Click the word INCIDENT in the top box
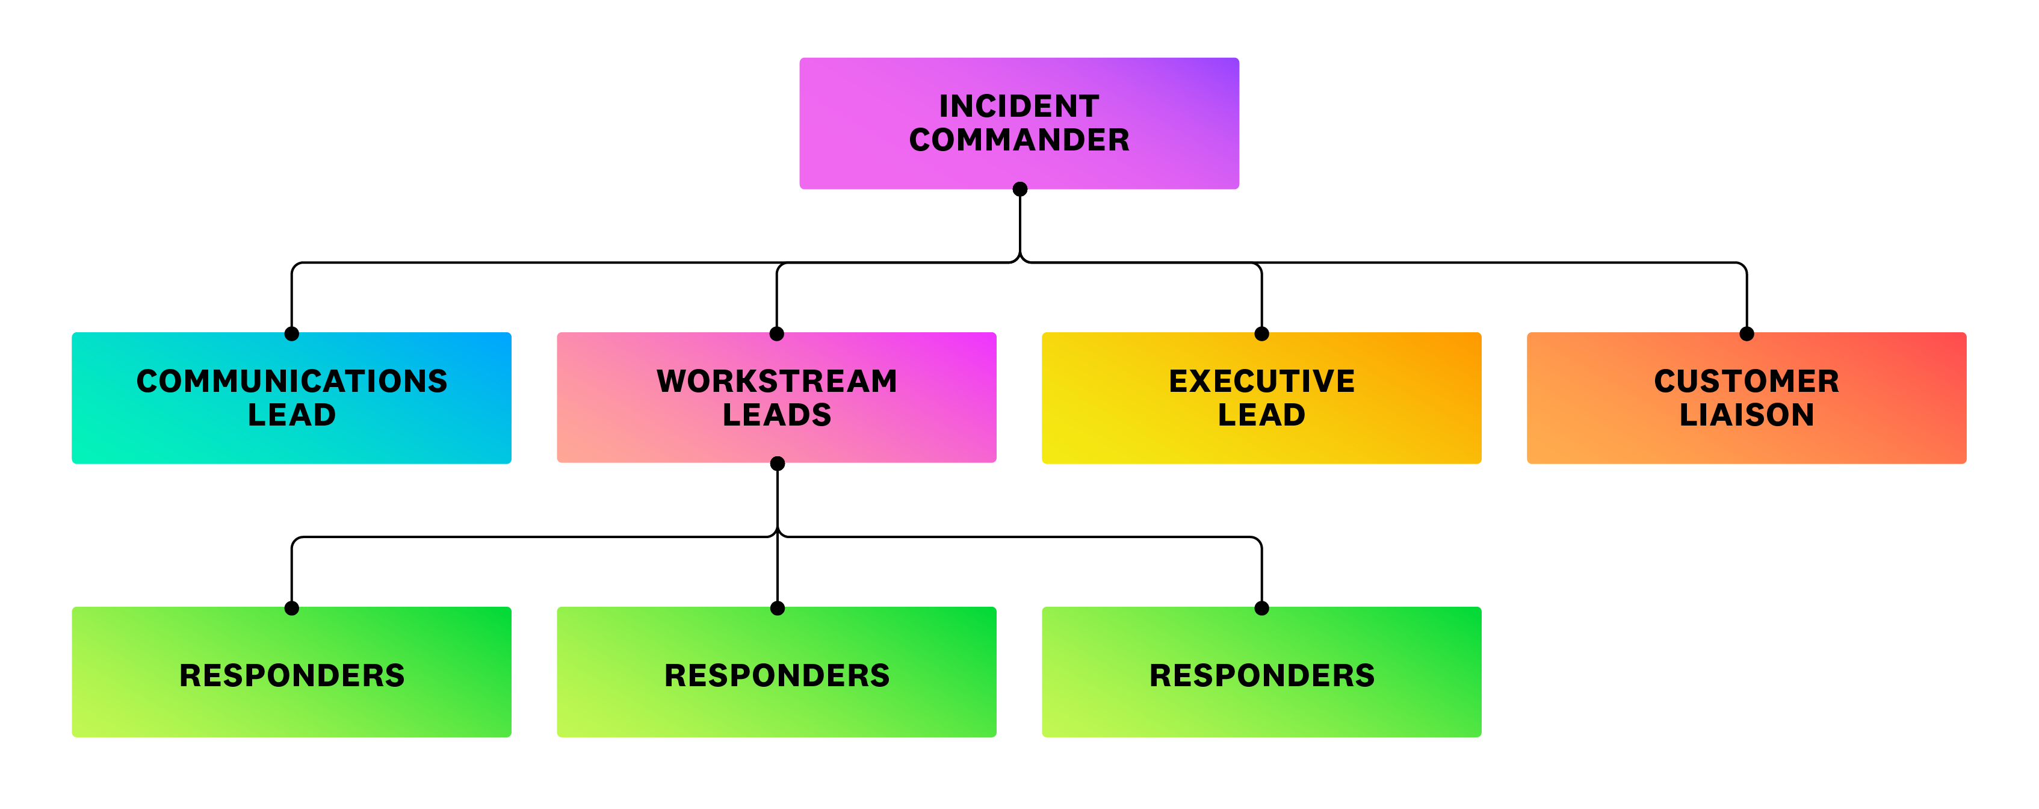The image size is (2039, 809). pyautogui.click(x=1019, y=106)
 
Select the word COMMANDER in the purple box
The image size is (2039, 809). pyautogui.click(x=1019, y=140)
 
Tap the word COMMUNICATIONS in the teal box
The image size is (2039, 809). pyautogui.click(x=291, y=381)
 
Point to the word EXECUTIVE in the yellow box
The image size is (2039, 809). pyautogui.click(x=1261, y=381)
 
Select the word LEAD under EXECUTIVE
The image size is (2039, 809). pyautogui.click(x=1261, y=415)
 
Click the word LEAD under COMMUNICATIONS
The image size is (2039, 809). pyautogui.click(x=291, y=415)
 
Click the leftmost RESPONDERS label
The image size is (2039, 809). pyautogui.click(x=291, y=675)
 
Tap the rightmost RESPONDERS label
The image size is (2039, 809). pyautogui.click(x=1261, y=675)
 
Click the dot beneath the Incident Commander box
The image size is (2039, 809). pyautogui.click(x=1019, y=189)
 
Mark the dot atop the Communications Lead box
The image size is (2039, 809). pyautogui.click(x=291, y=334)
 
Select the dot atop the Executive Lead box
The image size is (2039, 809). pyautogui.click(x=1261, y=334)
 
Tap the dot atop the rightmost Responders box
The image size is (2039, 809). pyautogui.click(x=1261, y=609)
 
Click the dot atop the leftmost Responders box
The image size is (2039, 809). pyautogui.click(x=291, y=609)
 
